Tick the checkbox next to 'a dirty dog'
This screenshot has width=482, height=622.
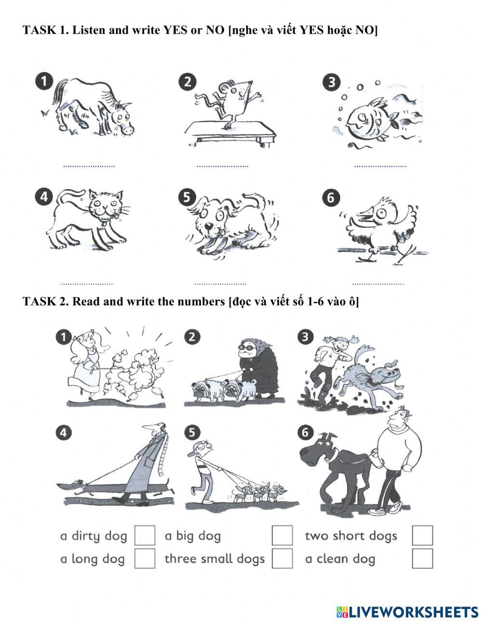pyautogui.click(x=145, y=535)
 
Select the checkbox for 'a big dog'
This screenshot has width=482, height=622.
pyautogui.click(x=282, y=535)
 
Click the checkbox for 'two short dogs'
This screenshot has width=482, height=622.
pyautogui.click(x=422, y=535)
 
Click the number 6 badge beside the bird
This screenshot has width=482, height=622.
pyautogui.click(x=331, y=198)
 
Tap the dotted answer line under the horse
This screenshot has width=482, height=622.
pyautogui.click(x=89, y=166)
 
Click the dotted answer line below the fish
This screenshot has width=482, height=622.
pyautogui.click(x=380, y=166)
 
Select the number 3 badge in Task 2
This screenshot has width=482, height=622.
pyautogui.click(x=305, y=337)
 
